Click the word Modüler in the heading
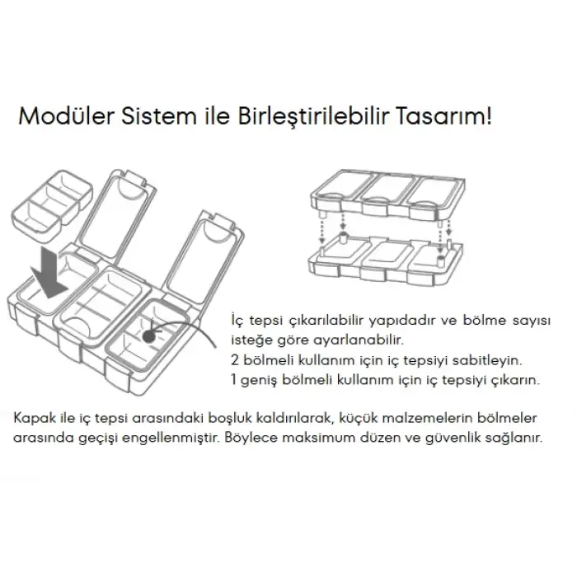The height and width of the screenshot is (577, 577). pyautogui.click(x=66, y=116)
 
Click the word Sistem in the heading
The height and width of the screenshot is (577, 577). pyautogui.click(x=159, y=116)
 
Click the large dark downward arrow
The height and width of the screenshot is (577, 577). pyautogui.click(x=48, y=273)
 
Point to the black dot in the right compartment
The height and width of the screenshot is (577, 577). pyautogui.click(x=149, y=336)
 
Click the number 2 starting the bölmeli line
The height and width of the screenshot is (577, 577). pyautogui.click(x=235, y=360)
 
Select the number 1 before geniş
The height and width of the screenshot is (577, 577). pyautogui.click(x=233, y=380)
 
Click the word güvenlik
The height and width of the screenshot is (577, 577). pyautogui.click(x=454, y=439)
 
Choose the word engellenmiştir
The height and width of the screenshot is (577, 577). pyautogui.click(x=171, y=439)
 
